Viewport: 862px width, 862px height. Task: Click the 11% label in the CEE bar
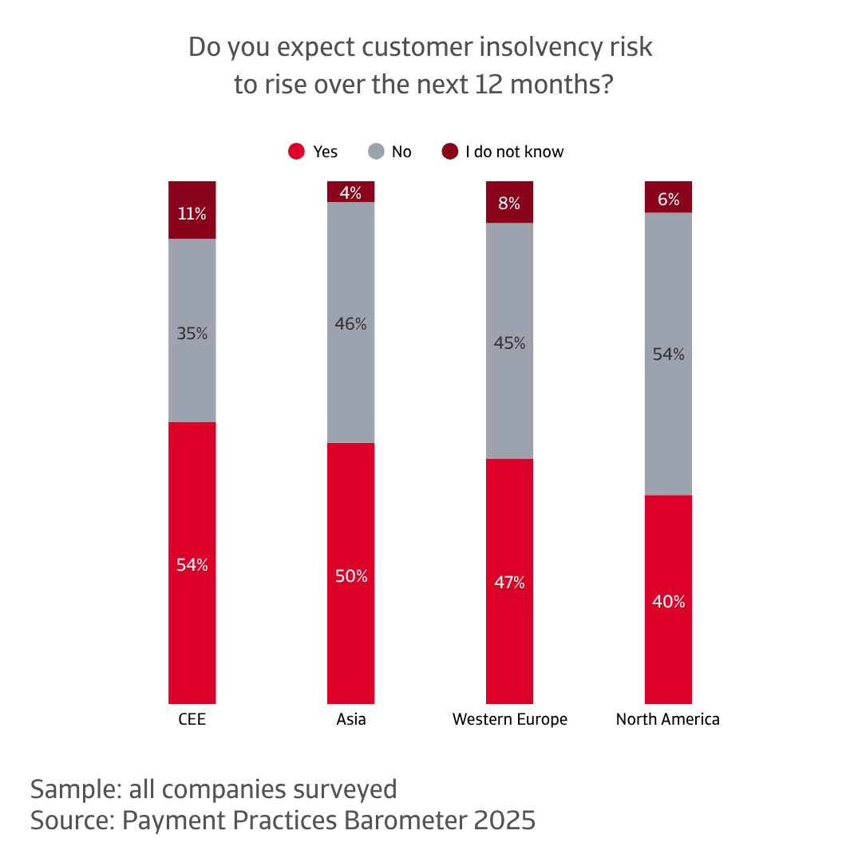tap(192, 214)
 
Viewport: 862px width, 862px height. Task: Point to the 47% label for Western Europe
tap(509, 583)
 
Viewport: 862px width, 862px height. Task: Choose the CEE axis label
tap(192, 719)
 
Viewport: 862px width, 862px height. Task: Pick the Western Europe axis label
tap(509, 719)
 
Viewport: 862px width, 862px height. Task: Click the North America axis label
tap(668, 719)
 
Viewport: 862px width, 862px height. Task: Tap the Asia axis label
tap(351, 719)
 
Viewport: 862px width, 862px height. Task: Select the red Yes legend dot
tap(297, 152)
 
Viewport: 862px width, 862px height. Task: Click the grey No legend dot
tap(376, 152)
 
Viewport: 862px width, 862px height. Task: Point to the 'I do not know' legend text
tap(514, 152)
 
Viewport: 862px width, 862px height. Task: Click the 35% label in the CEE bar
tap(192, 334)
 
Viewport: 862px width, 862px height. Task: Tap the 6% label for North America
tap(668, 200)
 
